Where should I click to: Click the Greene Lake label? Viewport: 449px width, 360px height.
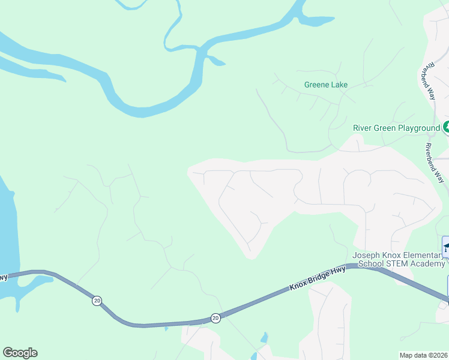click(326, 85)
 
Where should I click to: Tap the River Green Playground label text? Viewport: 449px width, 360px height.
click(396, 128)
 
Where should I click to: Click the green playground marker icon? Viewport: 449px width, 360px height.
click(447, 127)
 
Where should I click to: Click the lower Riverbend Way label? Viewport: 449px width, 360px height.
click(435, 163)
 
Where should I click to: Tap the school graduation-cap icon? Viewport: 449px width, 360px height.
click(447, 246)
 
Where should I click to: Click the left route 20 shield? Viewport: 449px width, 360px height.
click(97, 300)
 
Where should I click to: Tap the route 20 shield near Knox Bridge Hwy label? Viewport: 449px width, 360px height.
click(215, 317)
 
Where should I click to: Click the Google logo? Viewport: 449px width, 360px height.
click(20, 353)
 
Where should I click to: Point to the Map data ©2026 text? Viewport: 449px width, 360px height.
click(423, 355)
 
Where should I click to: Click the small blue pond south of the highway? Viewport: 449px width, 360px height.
click(264, 338)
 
